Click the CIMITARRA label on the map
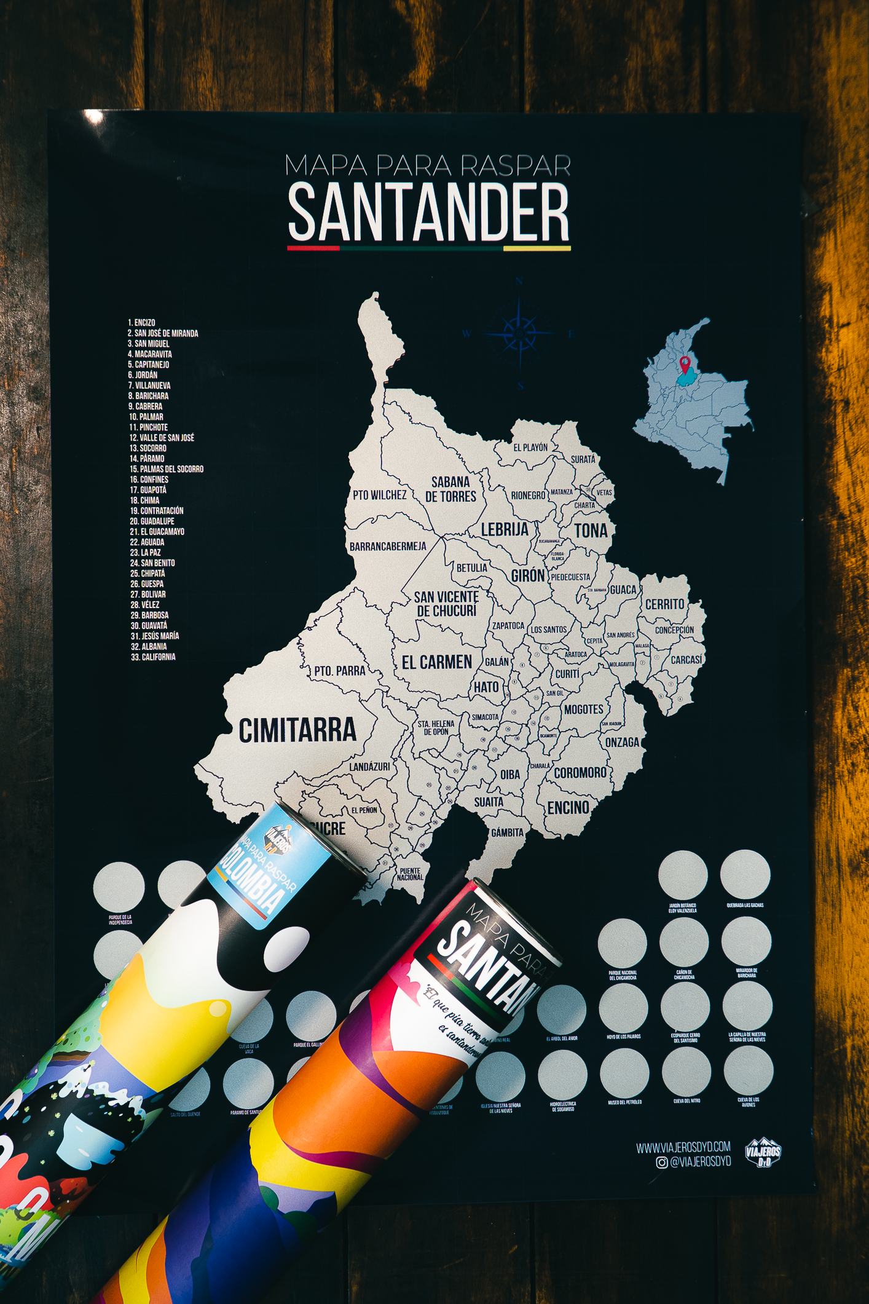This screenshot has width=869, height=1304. [x=297, y=730]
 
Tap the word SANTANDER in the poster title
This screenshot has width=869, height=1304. [x=428, y=213]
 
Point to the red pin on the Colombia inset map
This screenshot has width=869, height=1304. [x=684, y=364]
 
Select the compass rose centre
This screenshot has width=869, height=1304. [x=519, y=333]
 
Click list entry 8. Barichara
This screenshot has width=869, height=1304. [x=148, y=396]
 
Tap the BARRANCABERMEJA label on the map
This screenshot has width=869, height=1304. [x=388, y=546]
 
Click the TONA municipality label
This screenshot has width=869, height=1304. [x=591, y=530]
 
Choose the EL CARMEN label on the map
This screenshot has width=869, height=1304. [x=437, y=662]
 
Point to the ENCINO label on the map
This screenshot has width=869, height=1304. [x=568, y=807]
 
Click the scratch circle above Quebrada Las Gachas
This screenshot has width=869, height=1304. [x=745, y=874]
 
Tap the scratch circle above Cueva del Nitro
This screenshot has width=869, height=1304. [x=686, y=1070]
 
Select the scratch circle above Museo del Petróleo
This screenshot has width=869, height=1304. [x=624, y=1072]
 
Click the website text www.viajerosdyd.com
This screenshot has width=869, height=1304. [x=683, y=1147]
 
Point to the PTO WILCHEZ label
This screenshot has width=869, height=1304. [x=379, y=495]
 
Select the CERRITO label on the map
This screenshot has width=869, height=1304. [x=664, y=604]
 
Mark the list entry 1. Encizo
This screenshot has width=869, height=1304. [x=141, y=322]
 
